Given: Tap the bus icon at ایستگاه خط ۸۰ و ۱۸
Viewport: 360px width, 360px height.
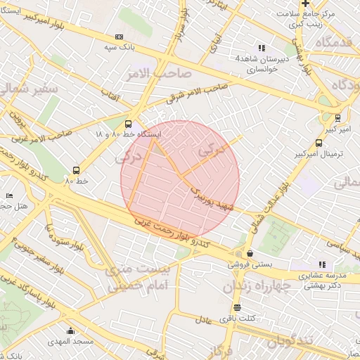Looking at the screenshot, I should click(x=127, y=122).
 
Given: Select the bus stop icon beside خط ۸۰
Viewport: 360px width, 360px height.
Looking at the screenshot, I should click(x=76, y=169).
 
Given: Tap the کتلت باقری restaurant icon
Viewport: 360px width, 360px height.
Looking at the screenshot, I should click(x=236, y=307).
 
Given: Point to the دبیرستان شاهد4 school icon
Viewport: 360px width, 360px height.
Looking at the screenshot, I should click(x=262, y=49).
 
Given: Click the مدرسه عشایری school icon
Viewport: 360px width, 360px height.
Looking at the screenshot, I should click(x=323, y=264).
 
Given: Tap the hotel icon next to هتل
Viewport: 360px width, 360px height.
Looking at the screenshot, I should click(x=9, y=195).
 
